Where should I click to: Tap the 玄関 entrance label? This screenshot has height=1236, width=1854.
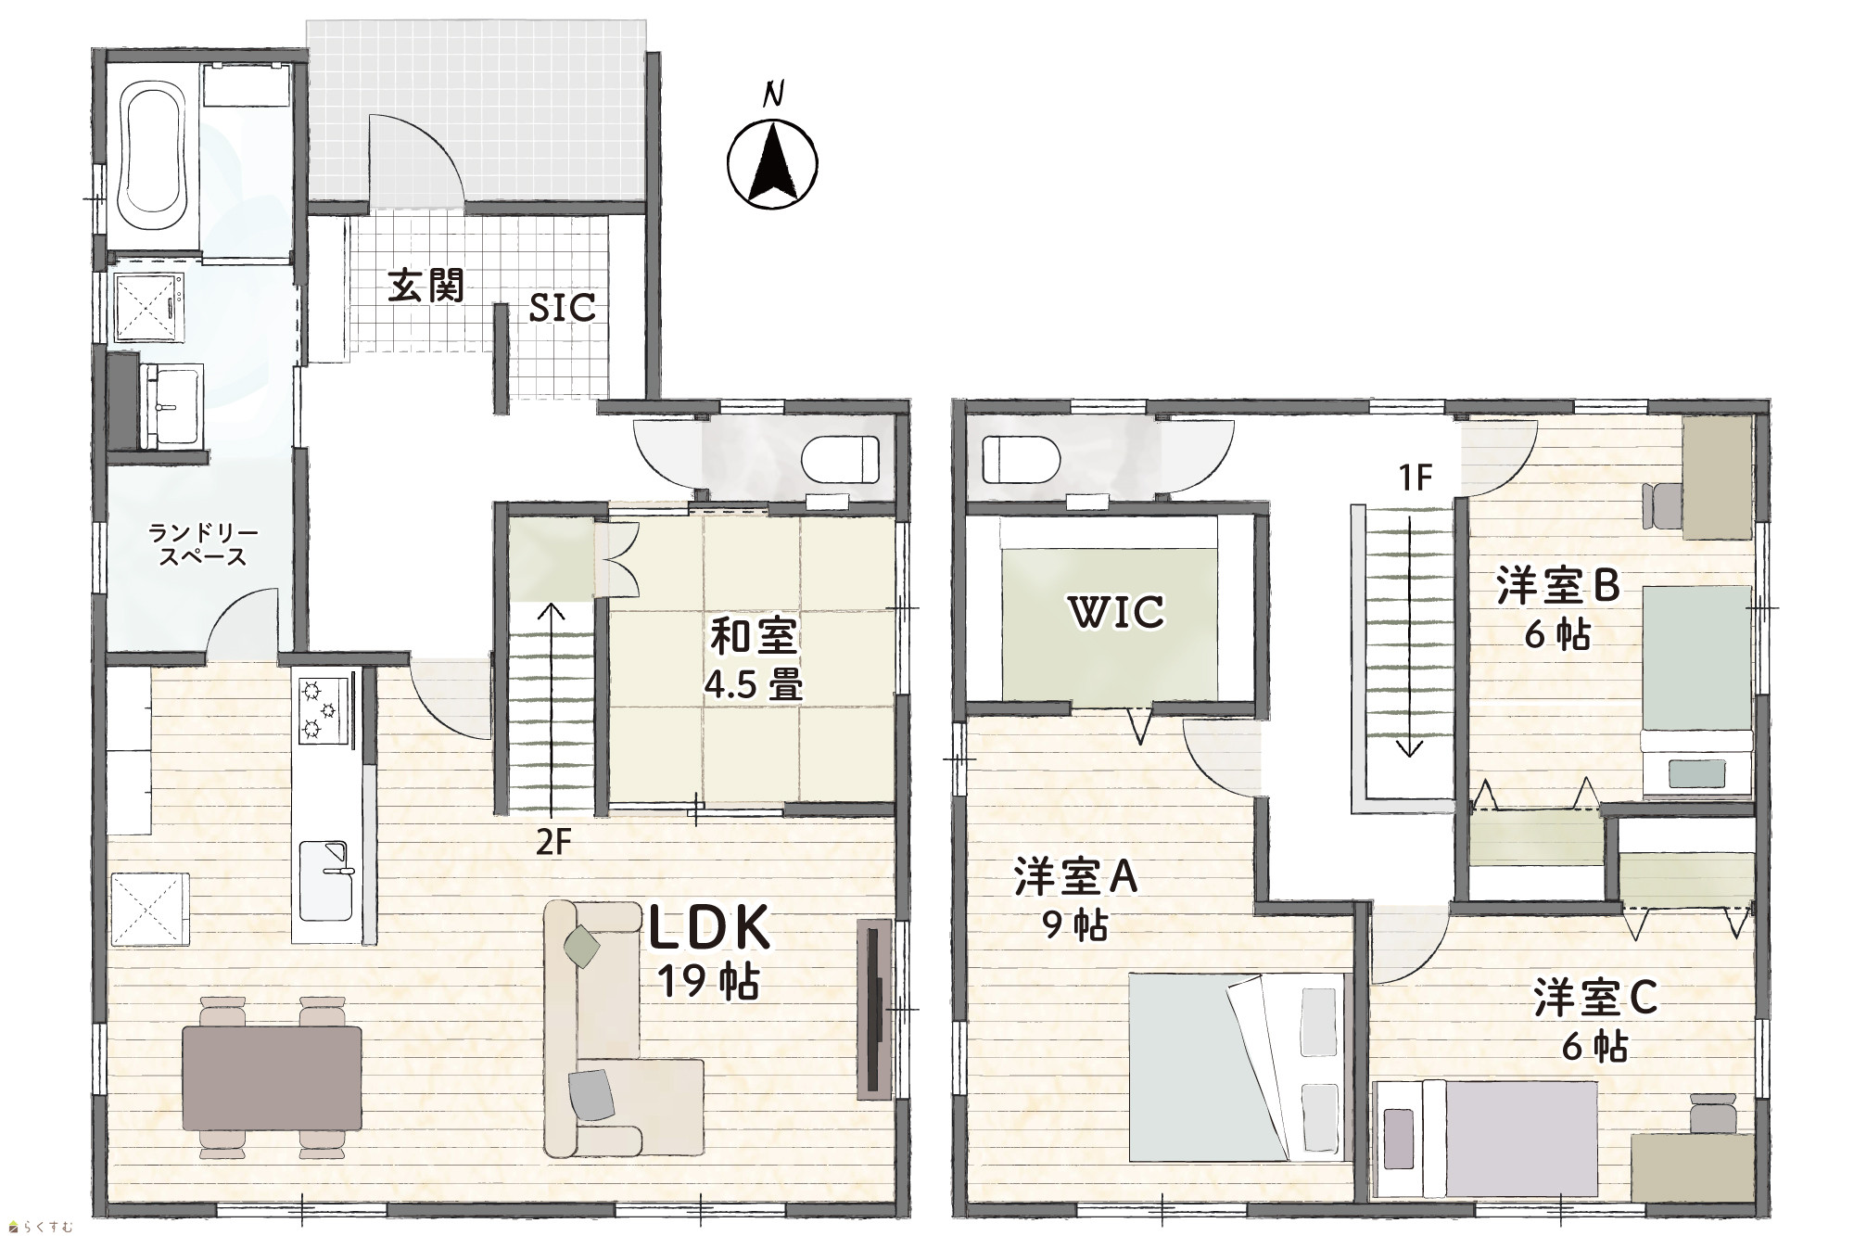coord(425,286)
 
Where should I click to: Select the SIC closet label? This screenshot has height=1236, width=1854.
coord(562,308)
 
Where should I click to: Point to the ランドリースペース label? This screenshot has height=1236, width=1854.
coord(202,545)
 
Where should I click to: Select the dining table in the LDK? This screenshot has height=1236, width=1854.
coord(272,1077)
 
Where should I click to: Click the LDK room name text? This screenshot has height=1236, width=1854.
coord(709,929)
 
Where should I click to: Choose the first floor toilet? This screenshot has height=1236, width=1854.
coord(840,459)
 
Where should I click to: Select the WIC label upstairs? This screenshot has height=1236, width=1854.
coord(1115,612)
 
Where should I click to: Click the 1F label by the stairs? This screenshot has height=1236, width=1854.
coord(1416,478)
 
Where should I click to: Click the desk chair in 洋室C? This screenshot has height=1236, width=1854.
coord(1711,1112)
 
